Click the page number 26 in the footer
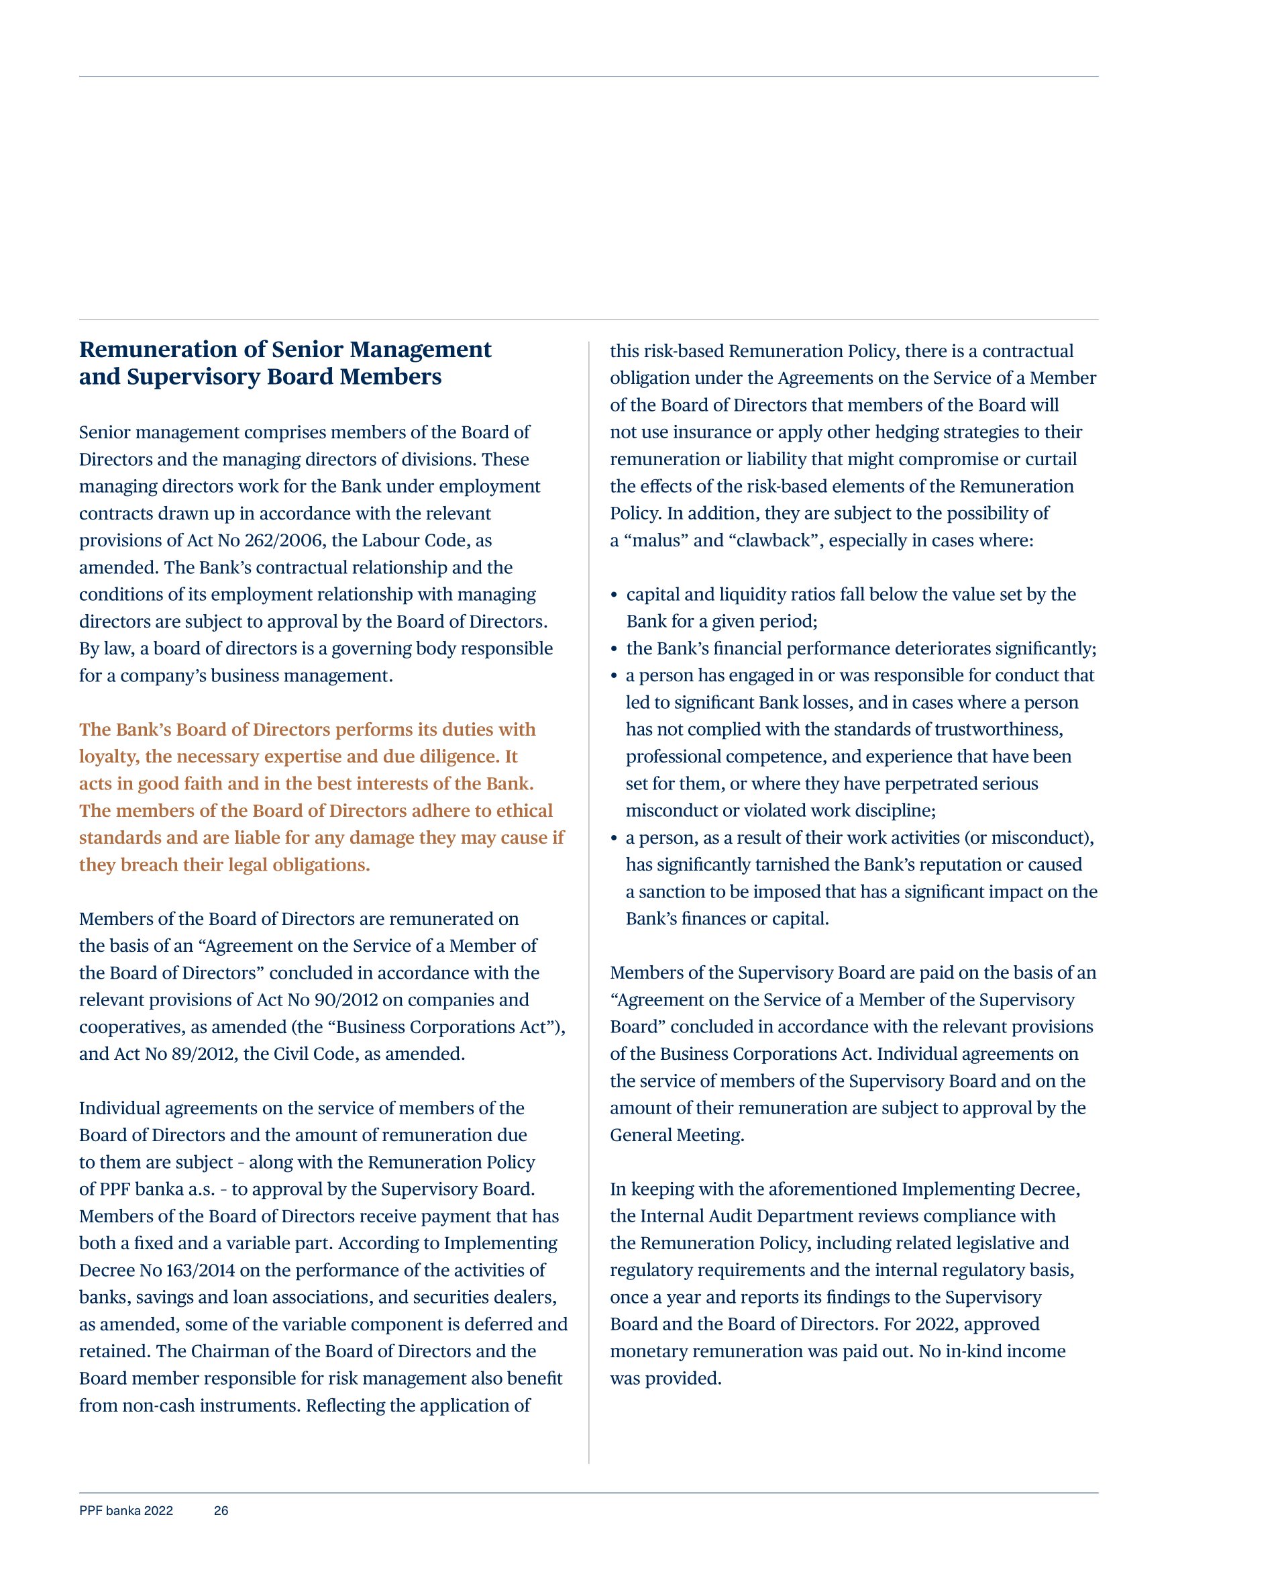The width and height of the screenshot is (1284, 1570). (x=221, y=1510)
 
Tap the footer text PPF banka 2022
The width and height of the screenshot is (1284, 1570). (x=125, y=1510)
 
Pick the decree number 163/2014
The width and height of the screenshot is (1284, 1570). (x=200, y=1271)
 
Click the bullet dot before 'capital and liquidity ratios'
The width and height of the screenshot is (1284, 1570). (x=614, y=595)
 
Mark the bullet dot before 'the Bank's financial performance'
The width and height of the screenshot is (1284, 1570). (x=614, y=649)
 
